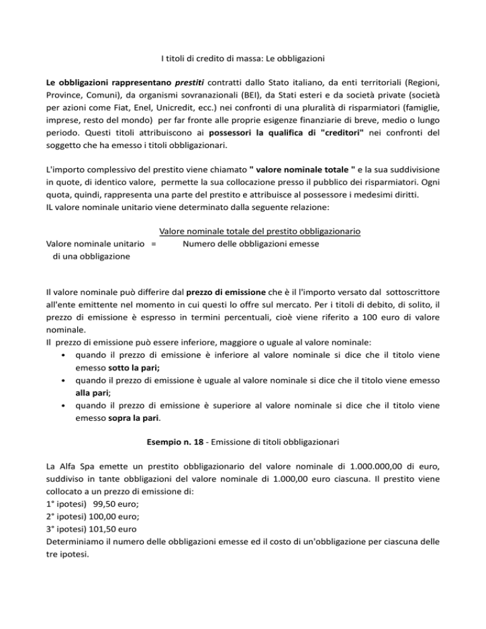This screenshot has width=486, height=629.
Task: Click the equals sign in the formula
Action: (x=154, y=244)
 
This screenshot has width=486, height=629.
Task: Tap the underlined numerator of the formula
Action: (x=260, y=232)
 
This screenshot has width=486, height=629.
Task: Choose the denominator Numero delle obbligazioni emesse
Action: (x=251, y=244)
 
